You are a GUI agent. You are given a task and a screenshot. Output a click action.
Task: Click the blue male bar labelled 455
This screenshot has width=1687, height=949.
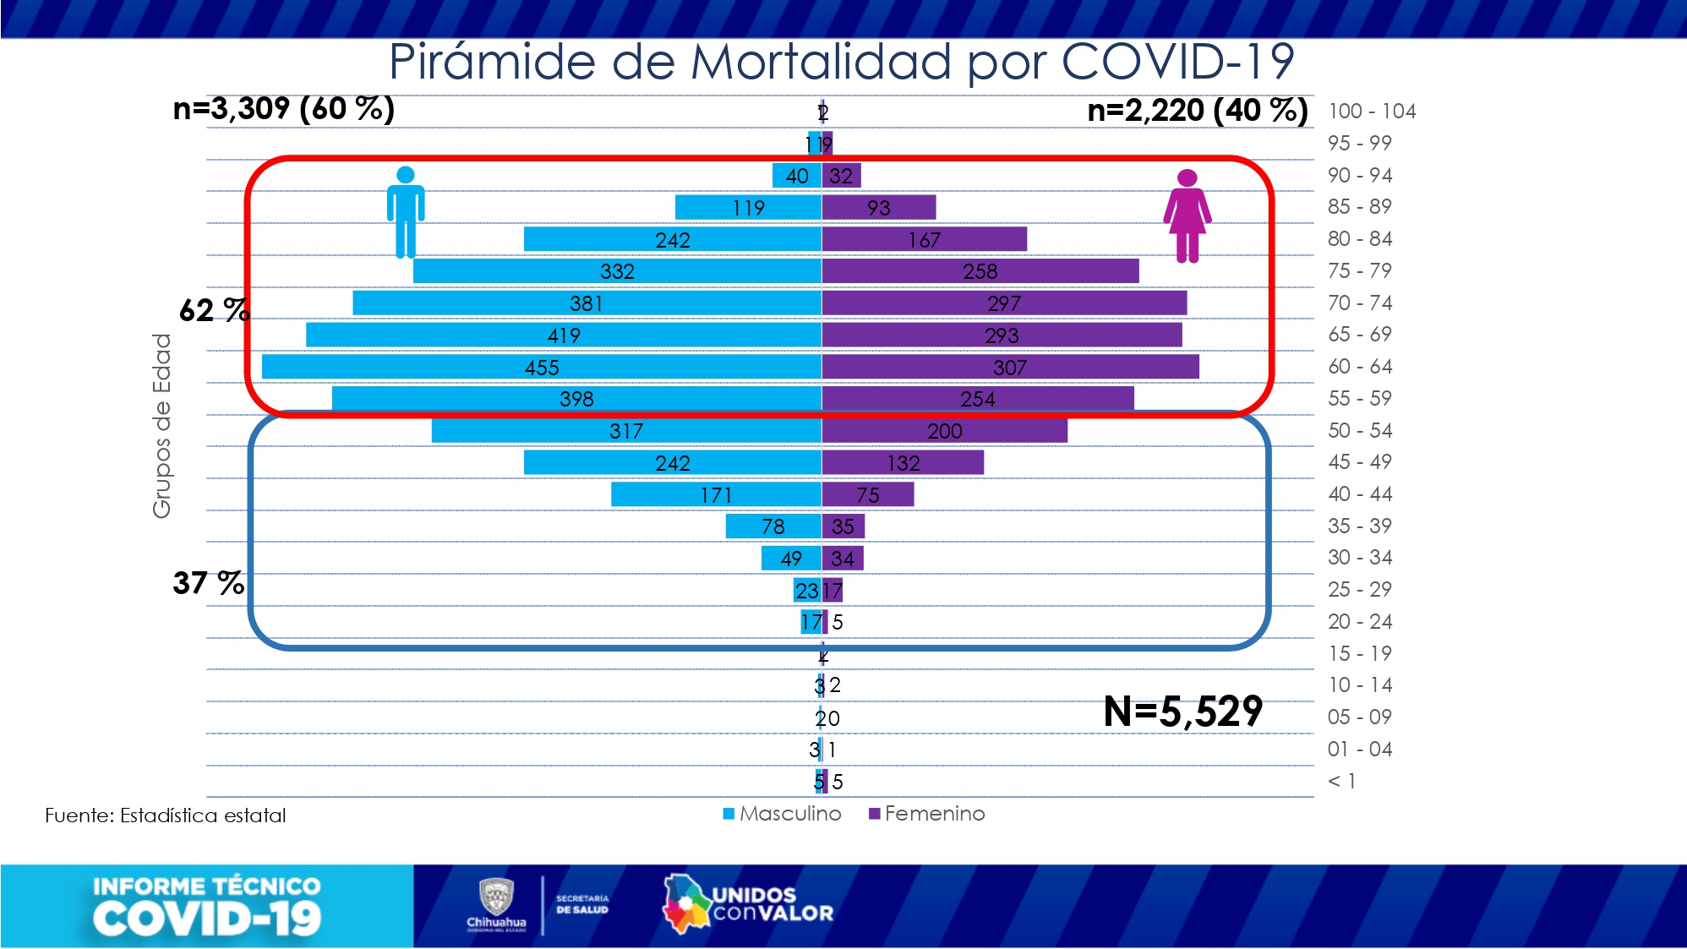(541, 367)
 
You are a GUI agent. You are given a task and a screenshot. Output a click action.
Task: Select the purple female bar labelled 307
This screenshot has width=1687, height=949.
(1010, 367)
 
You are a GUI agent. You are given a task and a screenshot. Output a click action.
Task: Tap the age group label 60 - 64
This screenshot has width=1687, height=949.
(1359, 367)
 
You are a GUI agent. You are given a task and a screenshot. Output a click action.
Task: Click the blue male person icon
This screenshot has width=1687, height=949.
(406, 211)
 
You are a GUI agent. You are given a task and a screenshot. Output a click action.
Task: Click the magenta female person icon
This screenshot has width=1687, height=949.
(1187, 215)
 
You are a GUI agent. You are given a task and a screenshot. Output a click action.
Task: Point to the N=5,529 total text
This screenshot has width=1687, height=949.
(1182, 712)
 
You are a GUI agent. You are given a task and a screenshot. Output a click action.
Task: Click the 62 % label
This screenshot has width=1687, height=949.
(214, 310)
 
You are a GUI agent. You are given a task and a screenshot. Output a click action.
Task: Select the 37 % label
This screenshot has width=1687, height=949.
(208, 583)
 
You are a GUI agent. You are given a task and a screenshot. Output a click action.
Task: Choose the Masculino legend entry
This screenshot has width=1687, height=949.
(783, 813)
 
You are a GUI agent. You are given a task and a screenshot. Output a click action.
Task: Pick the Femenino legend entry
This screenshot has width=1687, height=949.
(927, 813)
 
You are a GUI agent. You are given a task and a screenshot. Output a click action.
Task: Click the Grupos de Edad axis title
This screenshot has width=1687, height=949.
(161, 425)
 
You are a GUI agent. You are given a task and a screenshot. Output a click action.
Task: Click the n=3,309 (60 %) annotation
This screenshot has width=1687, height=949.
(283, 109)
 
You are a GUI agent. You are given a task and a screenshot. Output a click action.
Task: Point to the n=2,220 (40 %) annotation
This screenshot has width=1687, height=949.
(1197, 110)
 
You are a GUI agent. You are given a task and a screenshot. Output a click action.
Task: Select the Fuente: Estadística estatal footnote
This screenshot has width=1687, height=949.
(166, 815)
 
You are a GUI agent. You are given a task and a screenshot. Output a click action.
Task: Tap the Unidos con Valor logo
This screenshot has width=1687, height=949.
(747, 904)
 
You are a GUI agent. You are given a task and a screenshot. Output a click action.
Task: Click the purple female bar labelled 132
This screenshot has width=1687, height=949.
(903, 462)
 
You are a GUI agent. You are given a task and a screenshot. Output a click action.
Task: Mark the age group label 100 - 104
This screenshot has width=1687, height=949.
(1371, 112)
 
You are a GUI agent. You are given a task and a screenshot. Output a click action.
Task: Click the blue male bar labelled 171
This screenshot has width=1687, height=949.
(715, 494)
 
